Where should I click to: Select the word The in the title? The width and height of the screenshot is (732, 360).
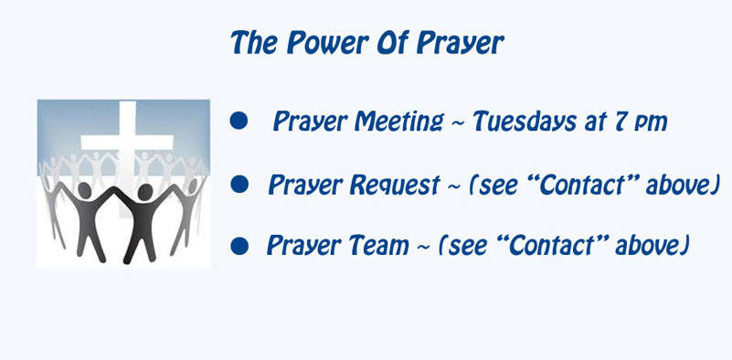(x=254, y=43)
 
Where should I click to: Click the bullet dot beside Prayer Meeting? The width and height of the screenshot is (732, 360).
(x=239, y=121)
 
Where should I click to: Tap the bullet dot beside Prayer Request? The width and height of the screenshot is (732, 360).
(x=239, y=184)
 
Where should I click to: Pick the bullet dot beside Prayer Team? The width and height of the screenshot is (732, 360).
(x=239, y=246)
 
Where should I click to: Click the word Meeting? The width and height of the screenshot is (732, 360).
(x=398, y=122)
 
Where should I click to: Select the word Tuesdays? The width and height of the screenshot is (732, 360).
(x=525, y=122)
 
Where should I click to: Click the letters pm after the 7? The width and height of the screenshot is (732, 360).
(x=652, y=124)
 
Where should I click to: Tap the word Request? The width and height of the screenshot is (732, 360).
(x=395, y=185)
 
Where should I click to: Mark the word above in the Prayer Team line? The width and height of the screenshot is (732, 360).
(x=649, y=245)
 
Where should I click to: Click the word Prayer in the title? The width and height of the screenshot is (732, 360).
(x=461, y=44)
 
